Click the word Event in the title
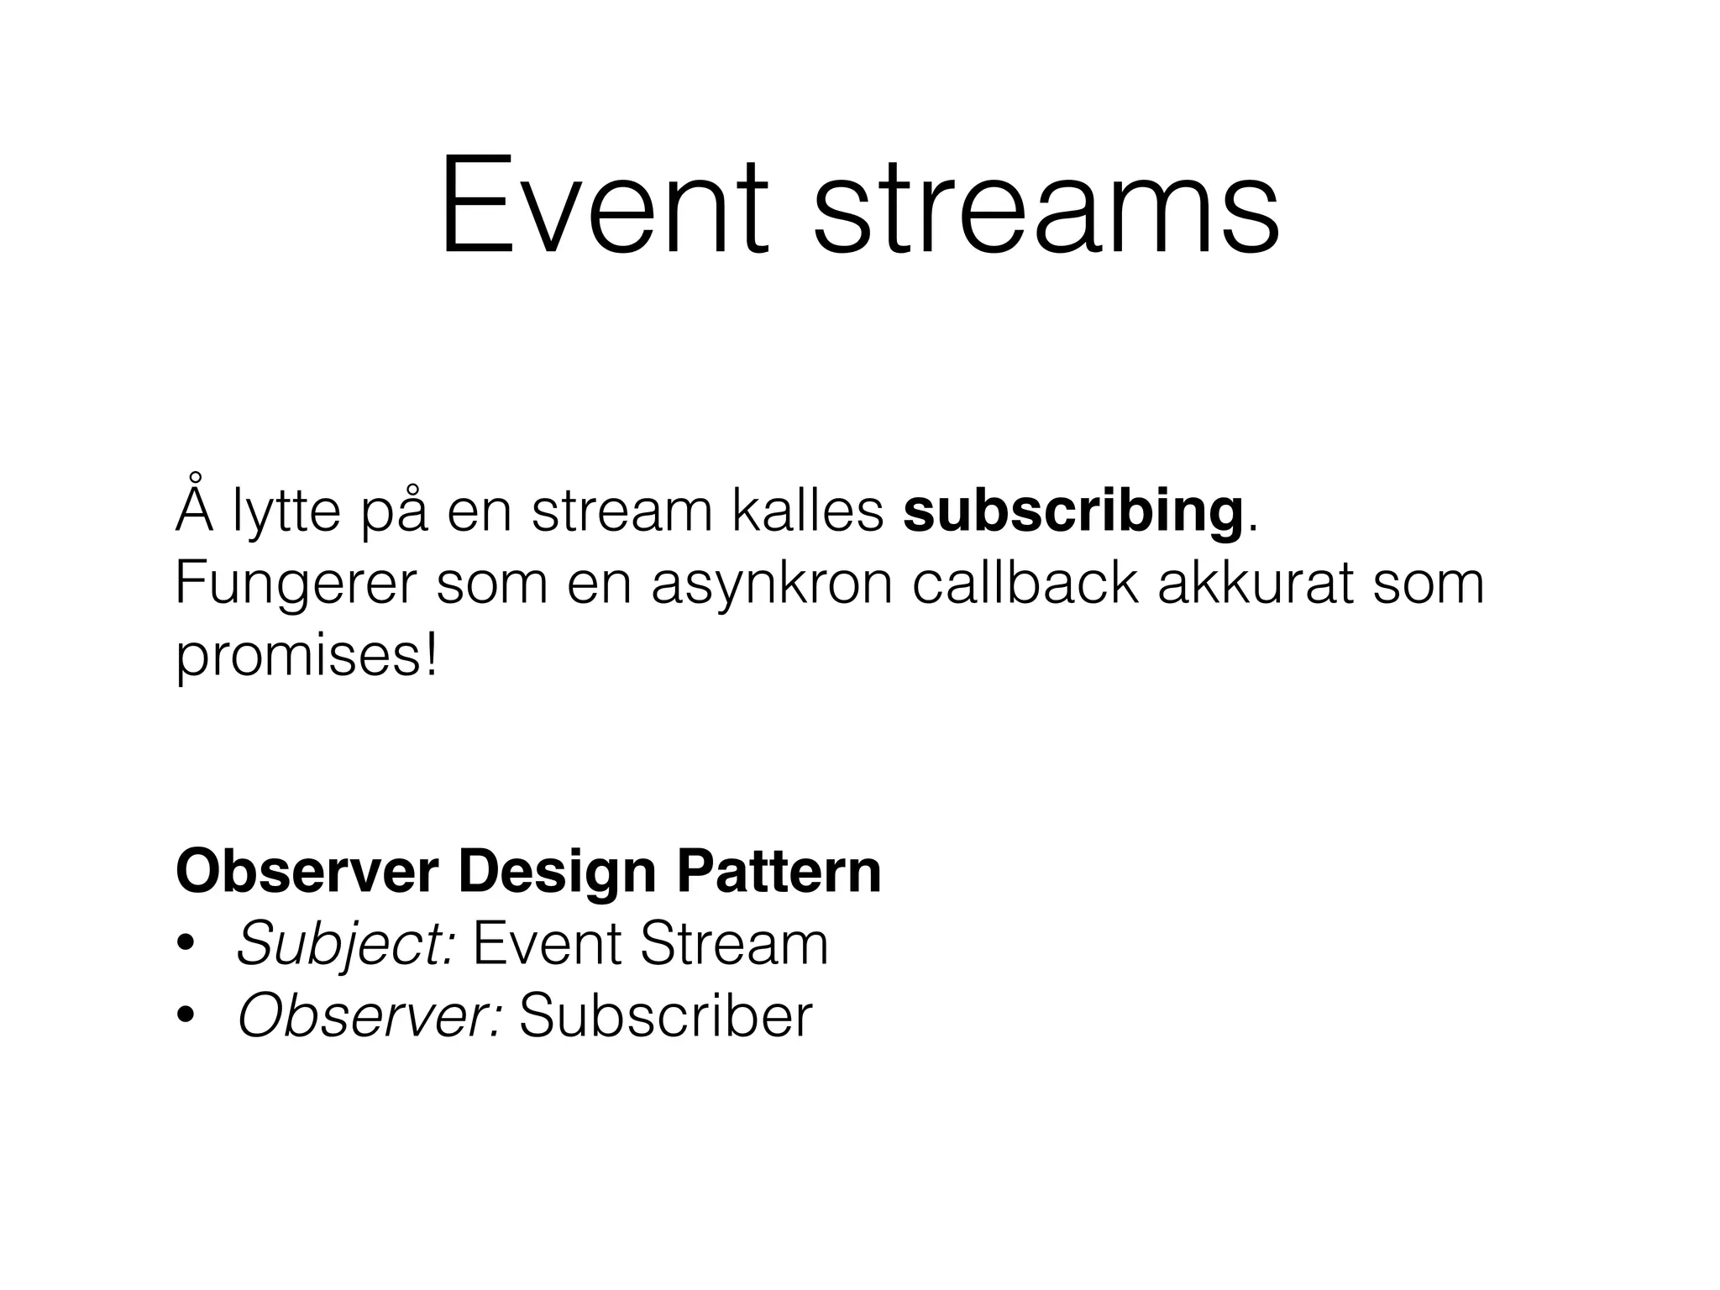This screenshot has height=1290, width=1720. tap(603, 206)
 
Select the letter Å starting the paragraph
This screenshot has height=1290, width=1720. tap(195, 506)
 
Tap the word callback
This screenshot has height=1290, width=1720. tap(1025, 584)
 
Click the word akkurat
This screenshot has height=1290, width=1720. tap(1255, 584)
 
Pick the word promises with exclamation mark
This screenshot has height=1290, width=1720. tap(307, 658)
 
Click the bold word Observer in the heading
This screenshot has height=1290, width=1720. tap(307, 872)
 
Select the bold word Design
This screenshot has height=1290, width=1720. tap(557, 873)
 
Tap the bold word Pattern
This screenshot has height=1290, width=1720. tap(779, 872)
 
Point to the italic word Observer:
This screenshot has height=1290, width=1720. tap(370, 1016)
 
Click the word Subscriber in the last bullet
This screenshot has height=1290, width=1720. tap(665, 1016)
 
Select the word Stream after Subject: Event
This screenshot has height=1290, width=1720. tap(733, 944)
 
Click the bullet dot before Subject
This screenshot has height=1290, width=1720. tap(186, 945)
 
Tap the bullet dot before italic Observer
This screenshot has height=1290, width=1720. tap(186, 1017)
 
